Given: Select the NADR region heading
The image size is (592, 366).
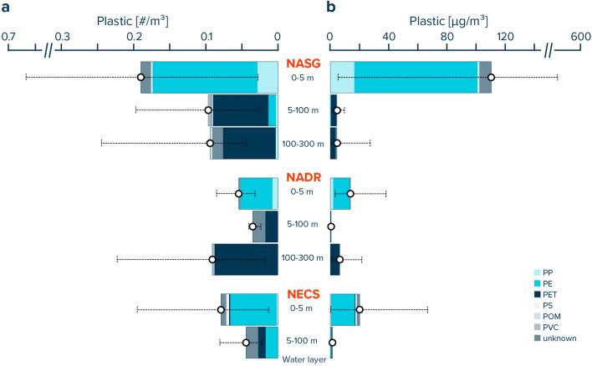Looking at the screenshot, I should (x=302, y=178).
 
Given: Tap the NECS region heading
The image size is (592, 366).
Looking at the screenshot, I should (x=302, y=294).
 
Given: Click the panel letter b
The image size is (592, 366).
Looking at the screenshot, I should (x=332, y=8).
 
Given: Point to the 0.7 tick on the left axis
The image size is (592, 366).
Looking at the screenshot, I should (x=8, y=37).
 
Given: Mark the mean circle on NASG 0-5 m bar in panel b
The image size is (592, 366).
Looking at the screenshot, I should (x=492, y=78).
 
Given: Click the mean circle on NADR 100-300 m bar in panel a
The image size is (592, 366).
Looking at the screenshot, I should (x=212, y=260).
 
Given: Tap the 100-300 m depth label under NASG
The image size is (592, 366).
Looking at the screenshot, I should (x=302, y=144).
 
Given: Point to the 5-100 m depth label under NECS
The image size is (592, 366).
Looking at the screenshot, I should (x=302, y=342).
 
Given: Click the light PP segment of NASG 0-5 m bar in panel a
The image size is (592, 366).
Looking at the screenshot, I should (x=267, y=78).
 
